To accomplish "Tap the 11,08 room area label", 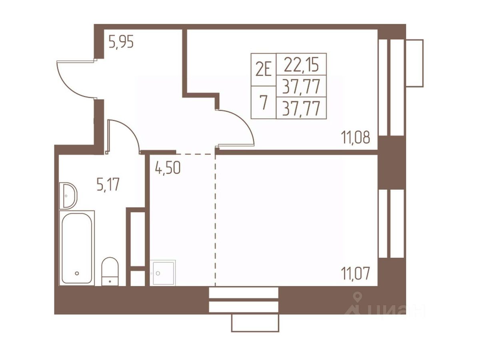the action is pyautogui.click(x=355, y=138).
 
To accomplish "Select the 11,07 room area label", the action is pyautogui.click(x=355, y=274).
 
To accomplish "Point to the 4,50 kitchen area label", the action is pyautogui.click(x=168, y=168).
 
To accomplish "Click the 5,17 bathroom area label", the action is pyautogui.click(x=108, y=185).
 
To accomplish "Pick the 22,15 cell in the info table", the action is pyautogui.click(x=301, y=64).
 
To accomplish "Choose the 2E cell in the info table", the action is pyautogui.click(x=264, y=70).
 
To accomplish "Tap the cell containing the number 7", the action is pyautogui.click(x=264, y=102).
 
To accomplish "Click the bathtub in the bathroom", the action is pyautogui.click(x=77, y=248).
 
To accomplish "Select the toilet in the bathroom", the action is pyautogui.click(x=110, y=271).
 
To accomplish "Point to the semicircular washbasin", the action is pyautogui.click(x=68, y=195).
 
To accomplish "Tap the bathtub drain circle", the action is pyautogui.click(x=76, y=273).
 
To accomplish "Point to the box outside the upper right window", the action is pyautogui.click(x=414, y=63).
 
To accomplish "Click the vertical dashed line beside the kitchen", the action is pyautogui.click(x=215, y=220).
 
